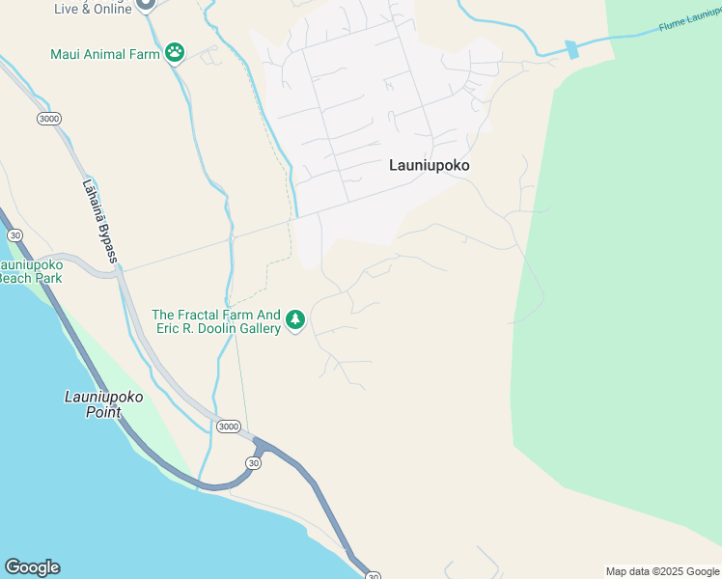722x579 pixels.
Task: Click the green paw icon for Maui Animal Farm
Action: (175, 52)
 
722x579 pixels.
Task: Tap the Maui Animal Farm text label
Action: (105, 54)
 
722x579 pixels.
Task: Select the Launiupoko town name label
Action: (429, 165)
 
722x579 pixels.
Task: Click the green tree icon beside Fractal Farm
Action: (295, 320)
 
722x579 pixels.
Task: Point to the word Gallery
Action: (257, 328)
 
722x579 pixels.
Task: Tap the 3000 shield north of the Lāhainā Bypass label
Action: (48, 119)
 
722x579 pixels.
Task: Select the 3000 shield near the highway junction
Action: (229, 427)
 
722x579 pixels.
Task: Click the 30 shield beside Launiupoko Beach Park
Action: (14, 234)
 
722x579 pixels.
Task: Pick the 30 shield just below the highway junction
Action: (253, 463)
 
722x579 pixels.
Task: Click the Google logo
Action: (32, 567)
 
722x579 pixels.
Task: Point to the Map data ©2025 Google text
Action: (662, 571)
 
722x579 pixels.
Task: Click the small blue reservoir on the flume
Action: (571, 49)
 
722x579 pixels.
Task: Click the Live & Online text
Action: (93, 9)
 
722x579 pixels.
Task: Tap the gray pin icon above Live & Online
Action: (145, 4)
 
